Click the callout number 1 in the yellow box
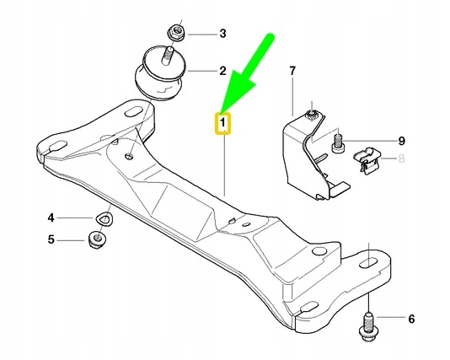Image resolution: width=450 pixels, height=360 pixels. (223, 124)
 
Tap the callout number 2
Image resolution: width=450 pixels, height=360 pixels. (222, 71)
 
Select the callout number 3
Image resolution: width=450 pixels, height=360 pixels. (222, 35)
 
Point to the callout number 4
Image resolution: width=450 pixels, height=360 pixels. (51, 217)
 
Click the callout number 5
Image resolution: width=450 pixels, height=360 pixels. (51, 240)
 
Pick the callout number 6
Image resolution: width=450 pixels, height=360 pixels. (410, 320)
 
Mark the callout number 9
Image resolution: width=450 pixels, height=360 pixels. (401, 139)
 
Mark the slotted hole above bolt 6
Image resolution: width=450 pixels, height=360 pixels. (367, 263)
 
